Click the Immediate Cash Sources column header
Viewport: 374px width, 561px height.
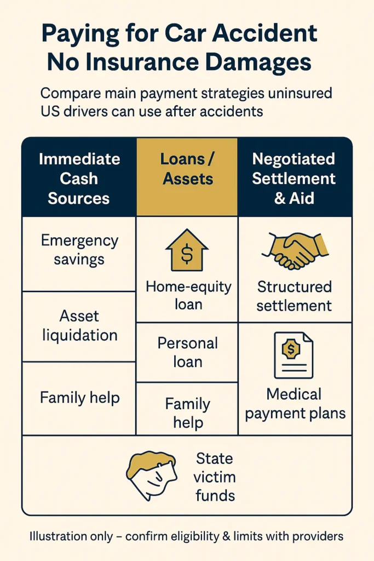(x=79, y=179)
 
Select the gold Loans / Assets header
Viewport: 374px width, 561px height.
(x=187, y=169)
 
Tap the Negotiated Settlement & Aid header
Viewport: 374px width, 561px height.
(x=294, y=179)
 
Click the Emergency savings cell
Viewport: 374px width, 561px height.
(x=79, y=249)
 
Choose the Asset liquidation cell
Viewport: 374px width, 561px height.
(x=80, y=325)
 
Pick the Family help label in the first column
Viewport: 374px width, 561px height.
(x=80, y=397)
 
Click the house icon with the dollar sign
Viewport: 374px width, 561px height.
(x=187, y=251)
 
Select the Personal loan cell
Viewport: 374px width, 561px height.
(x=187, y=352)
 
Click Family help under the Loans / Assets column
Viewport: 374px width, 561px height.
(x=187, y=413)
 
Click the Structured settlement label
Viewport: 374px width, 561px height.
(x=295, y=296)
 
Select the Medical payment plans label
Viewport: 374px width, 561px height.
(x=295, y=403)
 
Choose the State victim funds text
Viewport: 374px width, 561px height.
(x=215, y=477)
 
